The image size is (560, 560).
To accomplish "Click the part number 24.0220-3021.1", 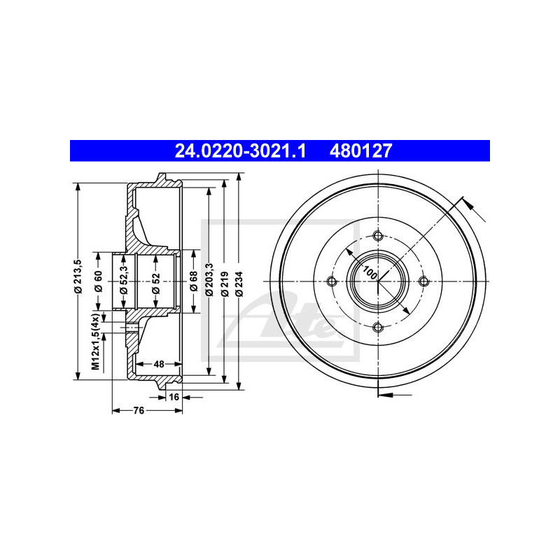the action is (240, 150).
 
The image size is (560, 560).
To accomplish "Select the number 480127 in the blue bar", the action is (360, 150).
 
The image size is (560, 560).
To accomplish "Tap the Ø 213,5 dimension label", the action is (78, 276).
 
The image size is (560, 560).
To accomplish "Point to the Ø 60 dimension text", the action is (99, 281).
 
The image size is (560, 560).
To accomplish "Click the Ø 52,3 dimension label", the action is (124, 280).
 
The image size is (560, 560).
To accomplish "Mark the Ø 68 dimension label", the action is (194, 281).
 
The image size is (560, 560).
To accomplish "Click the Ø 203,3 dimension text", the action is (209, 279).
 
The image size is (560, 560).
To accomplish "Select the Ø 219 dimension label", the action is (225, 284).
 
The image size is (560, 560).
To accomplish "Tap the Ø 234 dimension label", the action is (239, 284).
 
